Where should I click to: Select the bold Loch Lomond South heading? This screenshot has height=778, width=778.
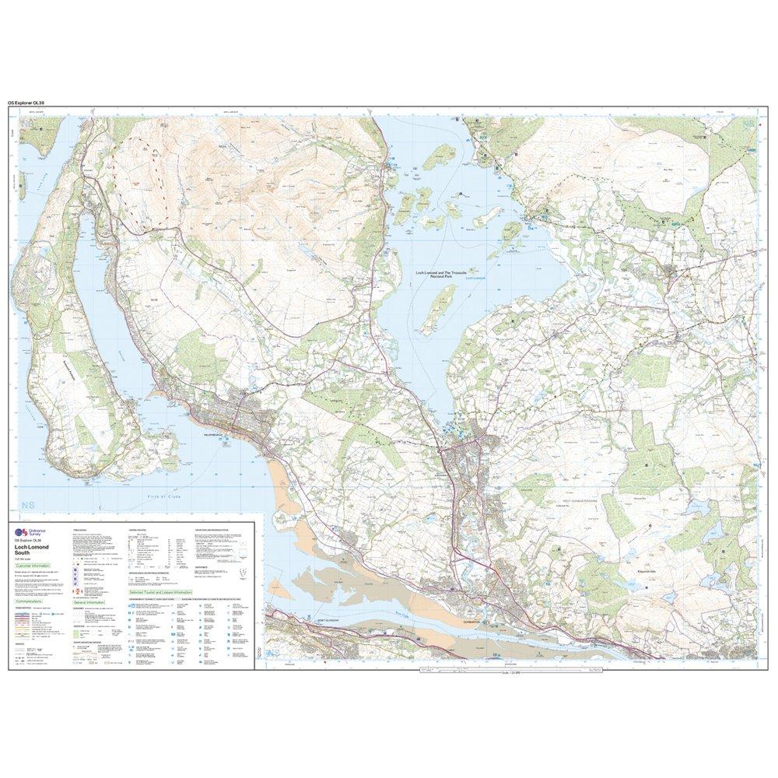click(x=30, y=550)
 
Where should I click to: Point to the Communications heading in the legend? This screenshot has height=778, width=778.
click(x=32, y=601)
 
